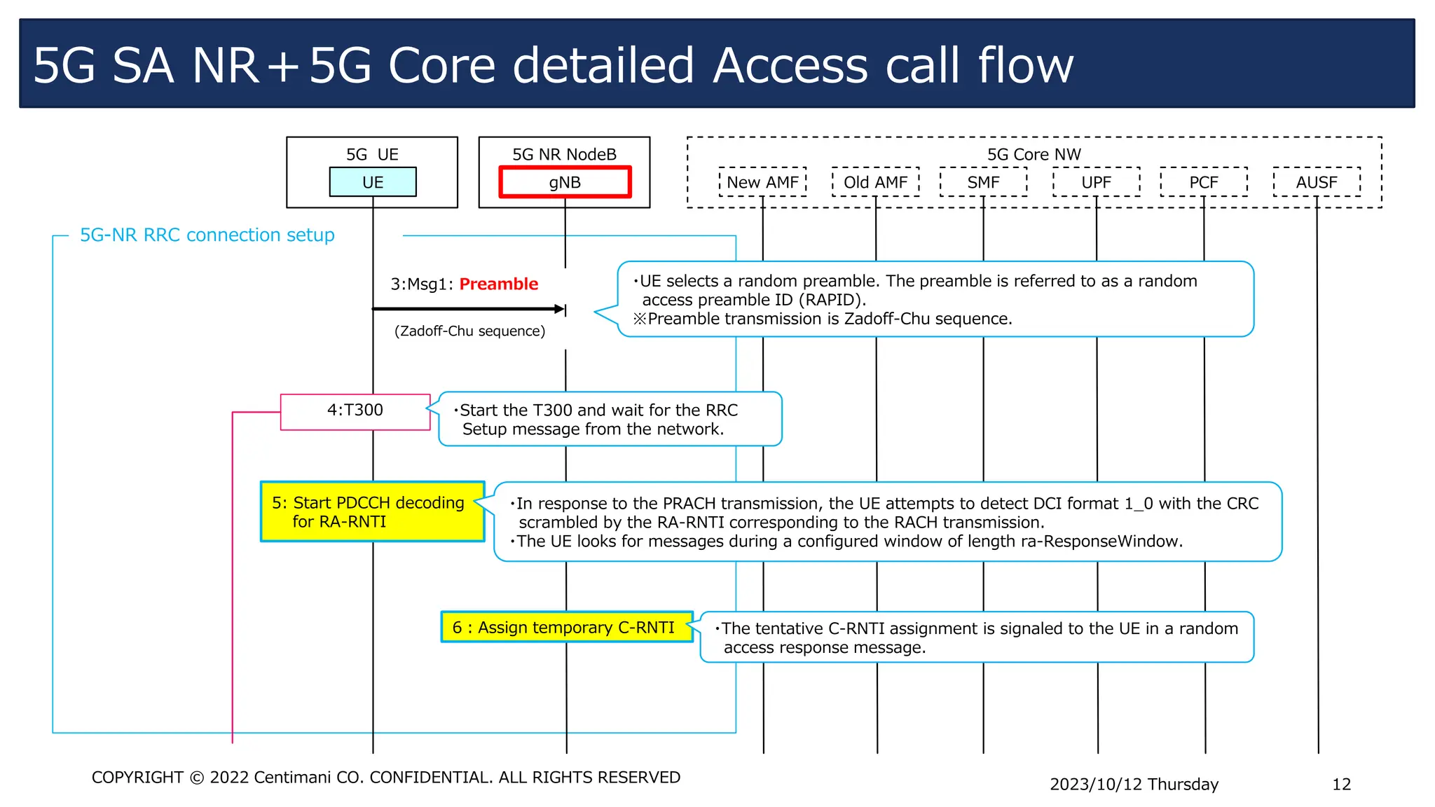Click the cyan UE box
click(x=373, y=182)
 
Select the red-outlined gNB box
click(x=565, y=182)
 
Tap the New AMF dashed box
click(x=762, y=182)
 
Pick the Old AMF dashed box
click(x=875, y=182)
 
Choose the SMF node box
click(x=983, y=182)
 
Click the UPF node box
click(x=1096, y=182)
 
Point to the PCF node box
click(x=1204, y=182)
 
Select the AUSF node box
click(x=1317, y=182)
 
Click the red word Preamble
click(x=498, y=284)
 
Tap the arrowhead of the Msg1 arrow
click(x=560, y=309)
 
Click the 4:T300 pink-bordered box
click(x=355, y=411)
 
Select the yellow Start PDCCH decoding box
click(x=372, y=511)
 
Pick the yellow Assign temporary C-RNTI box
click(x=566, y=627)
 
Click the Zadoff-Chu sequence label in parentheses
click(x=469, y=331)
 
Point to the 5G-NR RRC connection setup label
click(x=207, y=235)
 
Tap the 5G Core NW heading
click(x=1034, y=154)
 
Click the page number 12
click(x=1341, y=784)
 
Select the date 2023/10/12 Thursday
click(x=1134, y=784)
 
